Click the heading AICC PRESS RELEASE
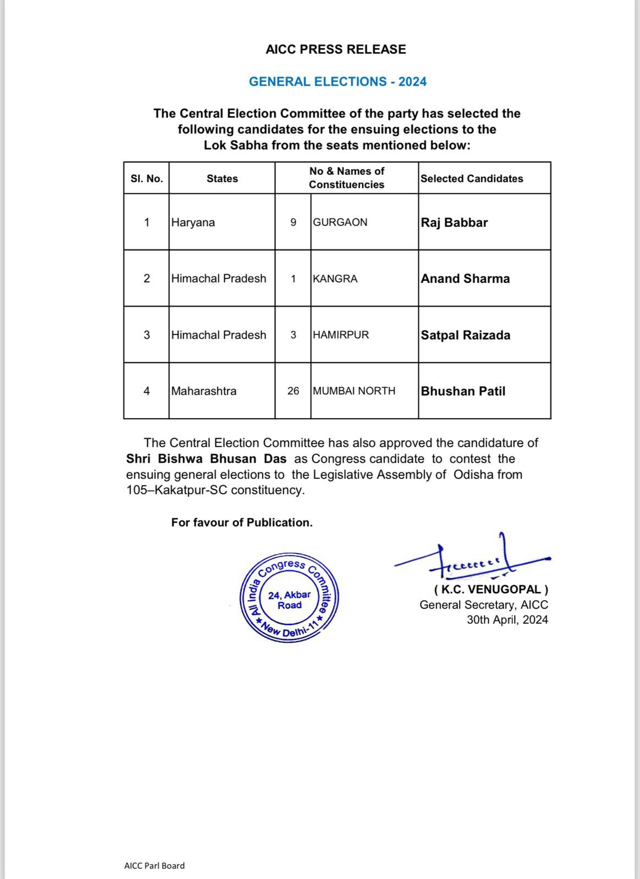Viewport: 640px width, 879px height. click(335, 49)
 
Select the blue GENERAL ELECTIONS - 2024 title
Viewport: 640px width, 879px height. click(338, 82)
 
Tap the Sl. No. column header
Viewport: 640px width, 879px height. click(146, 179)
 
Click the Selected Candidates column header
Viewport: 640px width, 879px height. click(472, 179)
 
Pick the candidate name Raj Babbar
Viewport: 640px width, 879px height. click(454, 222)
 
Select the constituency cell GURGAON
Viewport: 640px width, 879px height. click(340, 222)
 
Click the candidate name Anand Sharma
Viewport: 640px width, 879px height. click(465, 279)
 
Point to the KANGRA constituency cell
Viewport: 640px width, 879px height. click(335, 279)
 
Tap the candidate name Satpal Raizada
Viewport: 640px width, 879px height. click(465, 335)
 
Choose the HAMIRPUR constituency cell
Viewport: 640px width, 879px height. click(341, 335)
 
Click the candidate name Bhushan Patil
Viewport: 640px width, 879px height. click(463, 391)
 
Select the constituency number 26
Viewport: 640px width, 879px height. click(293, 391)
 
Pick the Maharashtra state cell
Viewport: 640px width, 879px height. click(203, 391)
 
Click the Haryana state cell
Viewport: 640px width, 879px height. click(192, 222)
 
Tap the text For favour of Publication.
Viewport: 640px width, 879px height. click(242, 522)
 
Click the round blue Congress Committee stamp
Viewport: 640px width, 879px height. click(289, 598)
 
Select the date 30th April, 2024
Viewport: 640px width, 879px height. click(507, 620)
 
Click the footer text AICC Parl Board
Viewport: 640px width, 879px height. click(155, 866)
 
